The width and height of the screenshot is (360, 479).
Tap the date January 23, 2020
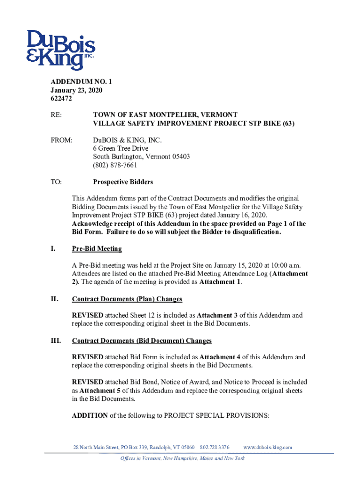click(x=76, y=90)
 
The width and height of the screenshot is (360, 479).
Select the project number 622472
click(x=61, y=99)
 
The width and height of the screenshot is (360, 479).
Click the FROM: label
click(x=61, y=140)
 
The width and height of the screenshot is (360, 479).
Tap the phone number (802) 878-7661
click(x=115, y=165)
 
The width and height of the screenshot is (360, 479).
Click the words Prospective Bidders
click(x=123, y=182)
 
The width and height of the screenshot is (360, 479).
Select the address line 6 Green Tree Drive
click(x=121, y=148)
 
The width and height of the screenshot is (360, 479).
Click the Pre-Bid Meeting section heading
click(x=97, y=248)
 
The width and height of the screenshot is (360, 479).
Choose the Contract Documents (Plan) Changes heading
click(x=127, y=299)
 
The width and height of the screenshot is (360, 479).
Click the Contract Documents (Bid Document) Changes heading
click(x=142, y=341)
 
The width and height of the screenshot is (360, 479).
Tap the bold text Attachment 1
click(x=220, y=282)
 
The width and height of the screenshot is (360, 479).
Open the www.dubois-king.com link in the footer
click(x=268, y=448)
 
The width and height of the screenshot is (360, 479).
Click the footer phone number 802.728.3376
click(x=215, y=448)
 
